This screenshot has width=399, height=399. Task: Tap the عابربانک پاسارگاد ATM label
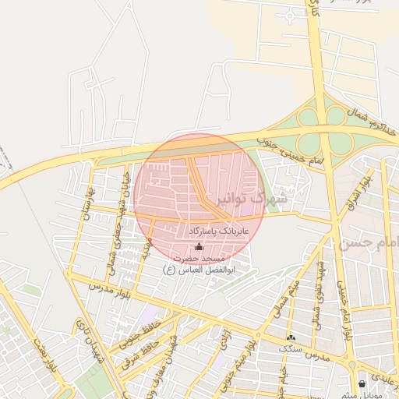(221, 231)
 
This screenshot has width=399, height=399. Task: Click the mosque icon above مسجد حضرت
(198, 247)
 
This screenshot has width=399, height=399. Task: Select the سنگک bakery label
(291, 350)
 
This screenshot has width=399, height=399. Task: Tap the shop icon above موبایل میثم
(362, 383)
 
